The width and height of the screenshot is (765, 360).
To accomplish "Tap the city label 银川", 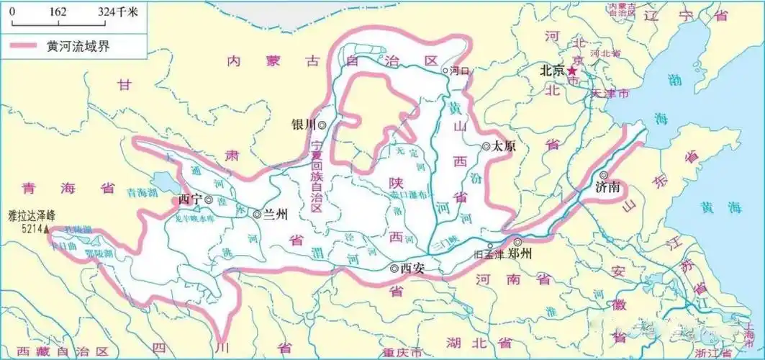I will pyautogui.click(x=304, y=124).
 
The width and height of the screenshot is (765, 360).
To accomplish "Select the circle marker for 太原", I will pyautogui.click(x=486, y=145).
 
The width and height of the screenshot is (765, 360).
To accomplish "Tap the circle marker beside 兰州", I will pyautogui.click(x=258, y=213).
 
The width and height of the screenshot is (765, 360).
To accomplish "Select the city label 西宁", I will pyautogui.click(x=189, y=199).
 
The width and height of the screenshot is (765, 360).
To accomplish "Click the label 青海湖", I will pyautogui.click(x=142, y=193).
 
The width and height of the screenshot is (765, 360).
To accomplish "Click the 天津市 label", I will pyautogui.click(x=609, y=94).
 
